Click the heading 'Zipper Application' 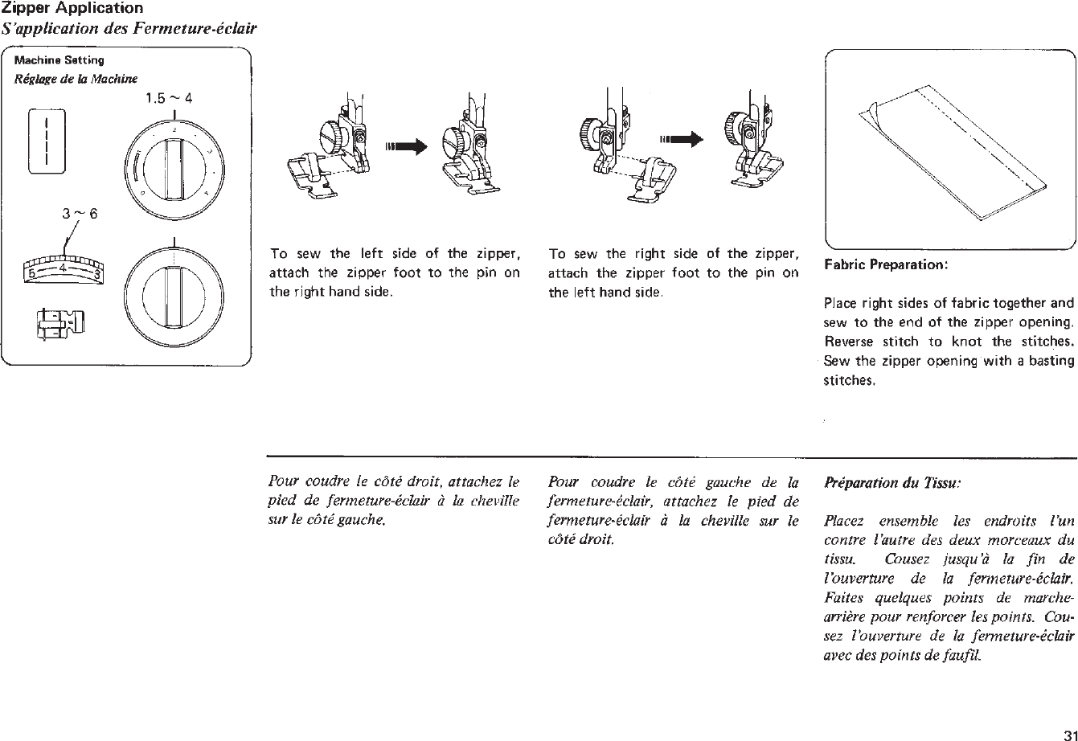(72, 8)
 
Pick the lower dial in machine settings (174, 290)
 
